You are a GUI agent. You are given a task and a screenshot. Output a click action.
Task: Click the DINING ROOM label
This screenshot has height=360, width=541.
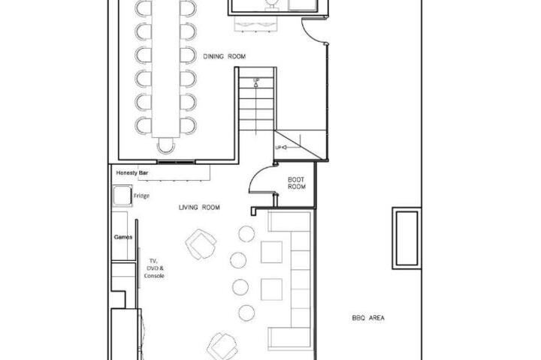(224, 56)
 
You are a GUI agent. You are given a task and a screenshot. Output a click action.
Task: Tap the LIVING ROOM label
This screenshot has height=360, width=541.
(199, 208)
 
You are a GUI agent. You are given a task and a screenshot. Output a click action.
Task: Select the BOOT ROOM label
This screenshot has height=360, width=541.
(296, 183)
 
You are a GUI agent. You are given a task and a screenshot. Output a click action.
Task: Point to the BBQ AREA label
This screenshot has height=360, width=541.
(368, 318)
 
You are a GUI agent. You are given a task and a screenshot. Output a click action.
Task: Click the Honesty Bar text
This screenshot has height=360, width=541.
(131, 172)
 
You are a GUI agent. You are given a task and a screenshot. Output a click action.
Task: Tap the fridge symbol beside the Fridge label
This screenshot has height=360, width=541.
(122, 196)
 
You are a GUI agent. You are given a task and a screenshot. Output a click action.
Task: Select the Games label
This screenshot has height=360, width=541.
(123, 237)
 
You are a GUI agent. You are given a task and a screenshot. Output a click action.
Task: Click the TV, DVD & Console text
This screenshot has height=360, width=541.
(154, 268)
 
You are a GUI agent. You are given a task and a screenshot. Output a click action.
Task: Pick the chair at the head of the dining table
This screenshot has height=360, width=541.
(166, 145)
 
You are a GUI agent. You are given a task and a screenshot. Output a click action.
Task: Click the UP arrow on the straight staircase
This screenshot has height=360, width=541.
(256, 82)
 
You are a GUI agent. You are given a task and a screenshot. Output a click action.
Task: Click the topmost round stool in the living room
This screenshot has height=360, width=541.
(246, 233)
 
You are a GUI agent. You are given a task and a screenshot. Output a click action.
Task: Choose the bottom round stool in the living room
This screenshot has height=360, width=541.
(246, 313)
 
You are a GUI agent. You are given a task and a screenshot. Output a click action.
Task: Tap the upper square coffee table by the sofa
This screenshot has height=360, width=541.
(271, 252)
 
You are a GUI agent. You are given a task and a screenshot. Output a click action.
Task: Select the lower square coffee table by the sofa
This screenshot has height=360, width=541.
(271, 289)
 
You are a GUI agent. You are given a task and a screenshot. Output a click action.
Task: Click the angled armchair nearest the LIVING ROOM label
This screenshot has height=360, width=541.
(201, 244)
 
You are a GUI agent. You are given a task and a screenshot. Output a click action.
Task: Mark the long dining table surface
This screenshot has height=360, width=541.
(166, 69)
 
